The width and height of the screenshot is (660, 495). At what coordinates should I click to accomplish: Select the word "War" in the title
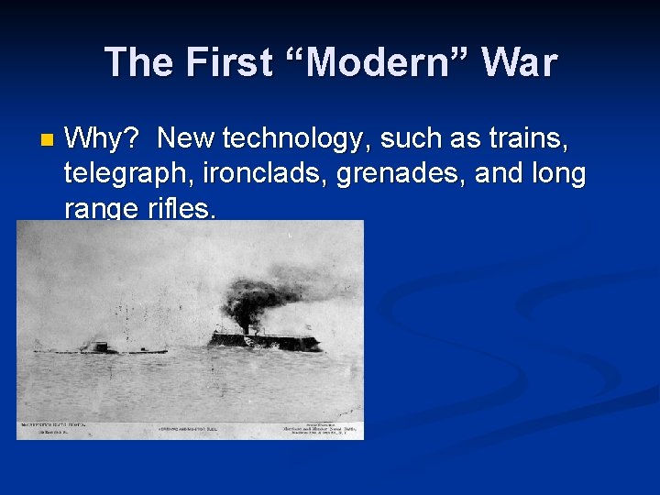click(519, 62)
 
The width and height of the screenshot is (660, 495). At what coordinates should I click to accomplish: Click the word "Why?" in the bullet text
click(102, 139)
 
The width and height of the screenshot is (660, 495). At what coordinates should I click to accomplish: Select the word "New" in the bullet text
click(187, 139)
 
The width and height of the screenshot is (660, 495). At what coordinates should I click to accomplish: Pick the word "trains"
click(523, 139)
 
